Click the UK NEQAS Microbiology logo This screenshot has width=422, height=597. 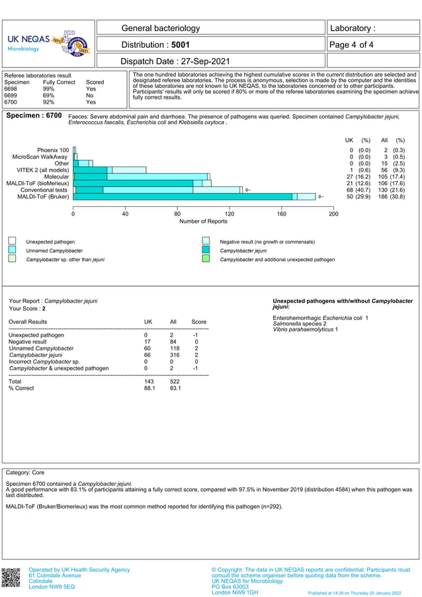(48, 44)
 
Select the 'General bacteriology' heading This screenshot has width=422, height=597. (161, 28)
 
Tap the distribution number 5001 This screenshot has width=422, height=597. (180, 45)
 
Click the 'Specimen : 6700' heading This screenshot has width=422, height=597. (34, 116)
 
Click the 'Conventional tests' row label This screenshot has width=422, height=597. (44, 190)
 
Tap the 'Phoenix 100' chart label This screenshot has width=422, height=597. (53, 150)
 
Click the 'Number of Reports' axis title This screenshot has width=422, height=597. (203, 221)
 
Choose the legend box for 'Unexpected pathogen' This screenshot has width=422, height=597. (12, 242)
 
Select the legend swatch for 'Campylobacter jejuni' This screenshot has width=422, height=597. (206, 251)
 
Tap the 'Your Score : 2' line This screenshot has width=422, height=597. (27, 309)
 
